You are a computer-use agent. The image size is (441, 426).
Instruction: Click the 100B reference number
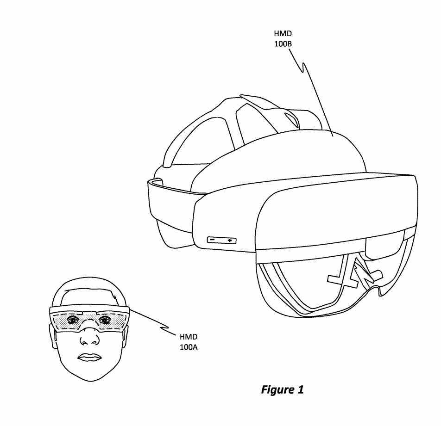tap(283, 44)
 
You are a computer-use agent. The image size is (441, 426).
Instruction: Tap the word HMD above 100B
tap(283, 34)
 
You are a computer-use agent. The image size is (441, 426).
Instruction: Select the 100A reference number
tap(189, 347)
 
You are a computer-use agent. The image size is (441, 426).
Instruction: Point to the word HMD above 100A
tap(189, 337)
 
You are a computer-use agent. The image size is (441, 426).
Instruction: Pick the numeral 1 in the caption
tap(300, 389)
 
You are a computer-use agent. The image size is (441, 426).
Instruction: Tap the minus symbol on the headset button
tap(212, 240)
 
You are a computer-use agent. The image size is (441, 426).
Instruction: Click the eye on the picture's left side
tap(73, 320)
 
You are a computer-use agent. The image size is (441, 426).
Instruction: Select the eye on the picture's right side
tap(104, 320)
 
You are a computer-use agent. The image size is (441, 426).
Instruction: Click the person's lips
tap(89, 357)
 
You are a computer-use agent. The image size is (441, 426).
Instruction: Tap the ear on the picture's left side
tap(52, 337)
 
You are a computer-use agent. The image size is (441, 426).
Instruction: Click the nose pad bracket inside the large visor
tap(356, 274)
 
